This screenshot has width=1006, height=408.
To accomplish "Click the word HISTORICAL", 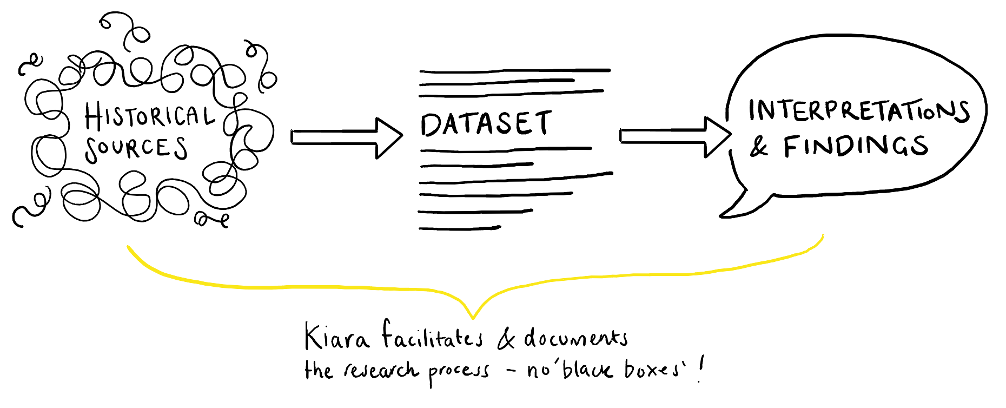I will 149,115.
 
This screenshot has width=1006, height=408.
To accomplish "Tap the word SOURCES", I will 136,148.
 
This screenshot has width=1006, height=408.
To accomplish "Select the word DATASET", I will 486,124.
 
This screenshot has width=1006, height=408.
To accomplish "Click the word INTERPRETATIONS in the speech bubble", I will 858,110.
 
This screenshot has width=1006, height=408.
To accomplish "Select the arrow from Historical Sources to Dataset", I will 346,137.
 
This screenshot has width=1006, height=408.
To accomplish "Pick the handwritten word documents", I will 575,338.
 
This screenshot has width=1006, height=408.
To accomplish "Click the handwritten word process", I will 459,372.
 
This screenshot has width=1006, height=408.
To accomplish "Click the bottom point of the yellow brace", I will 473,316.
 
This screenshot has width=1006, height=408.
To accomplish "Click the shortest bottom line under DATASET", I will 460,228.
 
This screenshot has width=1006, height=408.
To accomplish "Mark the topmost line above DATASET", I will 514,70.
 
